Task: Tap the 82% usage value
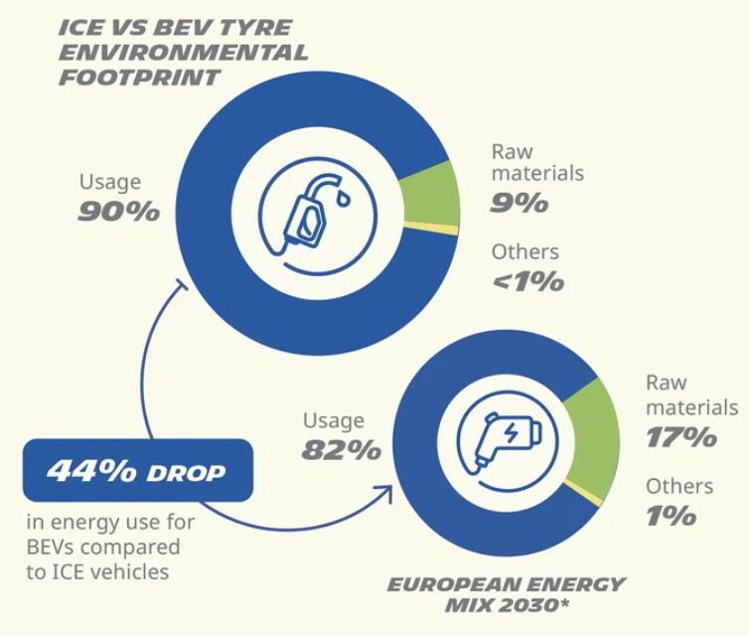[x=342, y=449]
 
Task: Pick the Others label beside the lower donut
[x=679, y=486]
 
